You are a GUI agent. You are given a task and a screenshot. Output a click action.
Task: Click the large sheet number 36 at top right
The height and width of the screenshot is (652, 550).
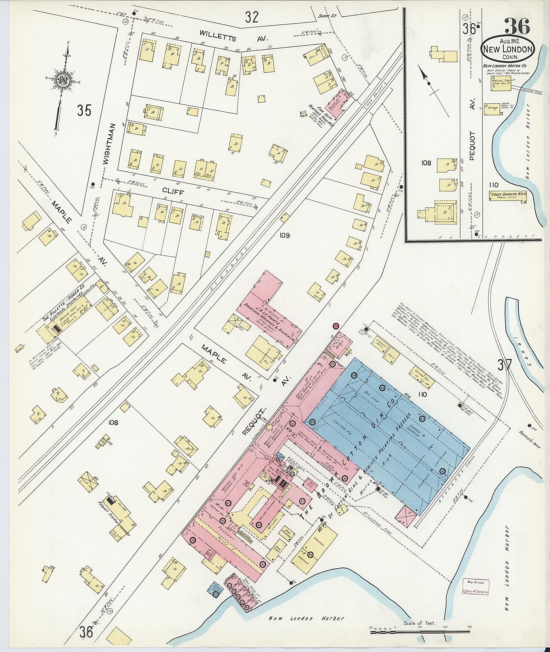[x=517, y=27]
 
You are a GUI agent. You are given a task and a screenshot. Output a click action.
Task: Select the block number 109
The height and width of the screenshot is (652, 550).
[x=284, y=236]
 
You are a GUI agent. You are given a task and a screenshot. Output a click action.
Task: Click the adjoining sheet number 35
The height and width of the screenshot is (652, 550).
[x=85, y=111]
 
